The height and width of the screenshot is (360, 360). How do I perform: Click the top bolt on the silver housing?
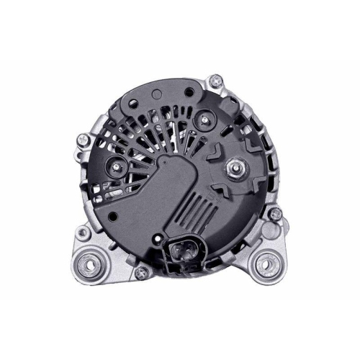click(217, 79)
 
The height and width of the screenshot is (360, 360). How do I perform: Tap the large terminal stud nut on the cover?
click(233, 171)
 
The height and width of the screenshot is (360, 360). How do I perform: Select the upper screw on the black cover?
click(208, 119)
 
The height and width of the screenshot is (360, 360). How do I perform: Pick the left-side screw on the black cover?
click(114, 171)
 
